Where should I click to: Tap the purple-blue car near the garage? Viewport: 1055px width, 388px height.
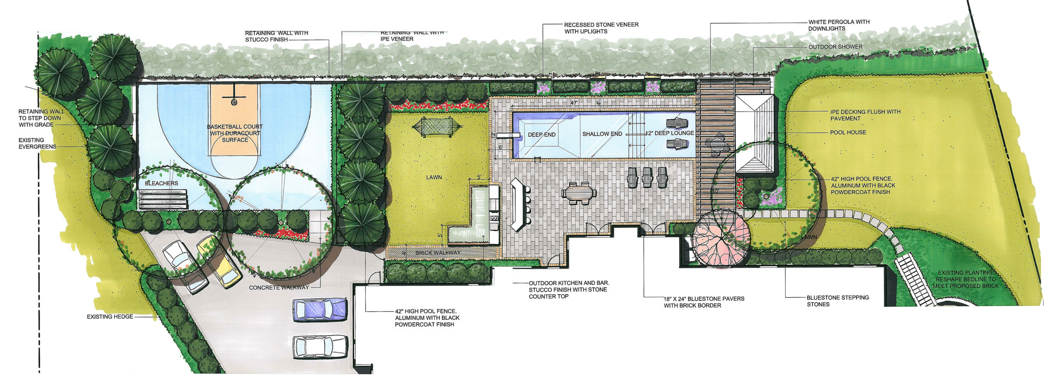coord(319,310)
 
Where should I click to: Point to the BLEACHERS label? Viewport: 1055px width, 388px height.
coord(162,183)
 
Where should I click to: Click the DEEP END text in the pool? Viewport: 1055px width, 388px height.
coord(542,135)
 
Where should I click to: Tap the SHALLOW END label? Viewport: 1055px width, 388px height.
coord(602,134)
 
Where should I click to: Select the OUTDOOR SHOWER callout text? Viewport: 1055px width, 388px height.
coord(835,47)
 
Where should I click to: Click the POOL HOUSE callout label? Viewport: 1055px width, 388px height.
coord(848,132)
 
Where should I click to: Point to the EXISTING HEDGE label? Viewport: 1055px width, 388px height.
coord(110,317)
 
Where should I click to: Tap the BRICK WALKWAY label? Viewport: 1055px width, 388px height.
coord(438,252)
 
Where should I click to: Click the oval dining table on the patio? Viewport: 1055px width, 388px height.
coord(579,193)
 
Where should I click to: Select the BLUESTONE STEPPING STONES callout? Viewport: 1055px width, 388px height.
coord(838,301)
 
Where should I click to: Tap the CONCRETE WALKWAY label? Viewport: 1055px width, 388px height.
coord(279,287)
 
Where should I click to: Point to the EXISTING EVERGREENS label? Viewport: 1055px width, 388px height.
coord(37,143)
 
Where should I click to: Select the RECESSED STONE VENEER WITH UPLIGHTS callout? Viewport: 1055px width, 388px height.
coord(601,28)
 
